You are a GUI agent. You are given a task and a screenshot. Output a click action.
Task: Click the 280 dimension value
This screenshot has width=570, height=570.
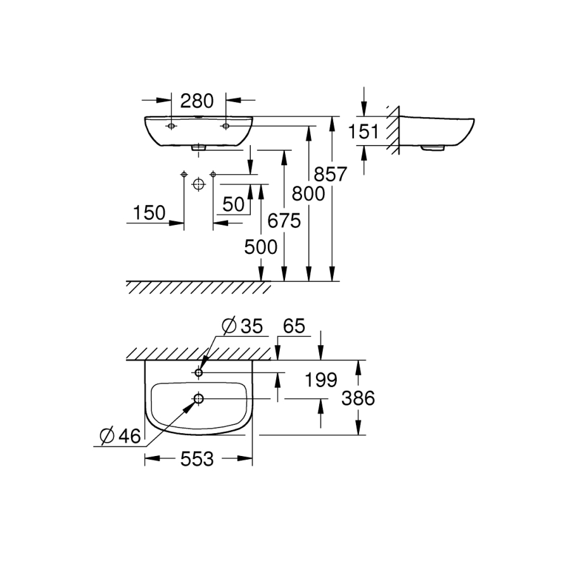[x=197, y=100]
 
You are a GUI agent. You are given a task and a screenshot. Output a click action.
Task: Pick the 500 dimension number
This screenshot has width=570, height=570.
[x=261, y=246]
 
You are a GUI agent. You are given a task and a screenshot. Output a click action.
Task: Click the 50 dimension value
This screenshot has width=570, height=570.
[x=233, y=204]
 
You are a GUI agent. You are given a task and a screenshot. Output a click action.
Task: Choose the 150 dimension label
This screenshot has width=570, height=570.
[x=149, y=213]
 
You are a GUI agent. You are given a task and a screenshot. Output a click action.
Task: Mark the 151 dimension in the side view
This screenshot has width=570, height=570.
[x=364, y=132]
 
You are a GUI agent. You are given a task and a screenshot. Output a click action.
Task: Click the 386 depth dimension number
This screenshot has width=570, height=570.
[x=358, y=398]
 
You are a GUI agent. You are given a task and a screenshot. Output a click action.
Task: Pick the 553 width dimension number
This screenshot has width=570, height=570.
[x=196, y=460]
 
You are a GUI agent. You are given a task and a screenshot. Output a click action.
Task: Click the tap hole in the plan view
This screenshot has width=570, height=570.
[x=199, y=373]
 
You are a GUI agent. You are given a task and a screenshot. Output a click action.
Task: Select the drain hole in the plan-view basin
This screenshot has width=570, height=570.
[x=199, y=399]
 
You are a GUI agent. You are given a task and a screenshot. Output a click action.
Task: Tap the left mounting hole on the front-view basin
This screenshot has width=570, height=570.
[x=171, y=126]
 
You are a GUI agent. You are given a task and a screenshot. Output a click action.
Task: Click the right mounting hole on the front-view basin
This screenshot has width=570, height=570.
[x=225, y=126]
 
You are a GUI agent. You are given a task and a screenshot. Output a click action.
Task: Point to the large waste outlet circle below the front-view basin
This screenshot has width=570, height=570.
[x=198, y=184]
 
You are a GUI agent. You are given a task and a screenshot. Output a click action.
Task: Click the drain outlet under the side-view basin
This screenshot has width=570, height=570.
[x=433, y=148]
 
